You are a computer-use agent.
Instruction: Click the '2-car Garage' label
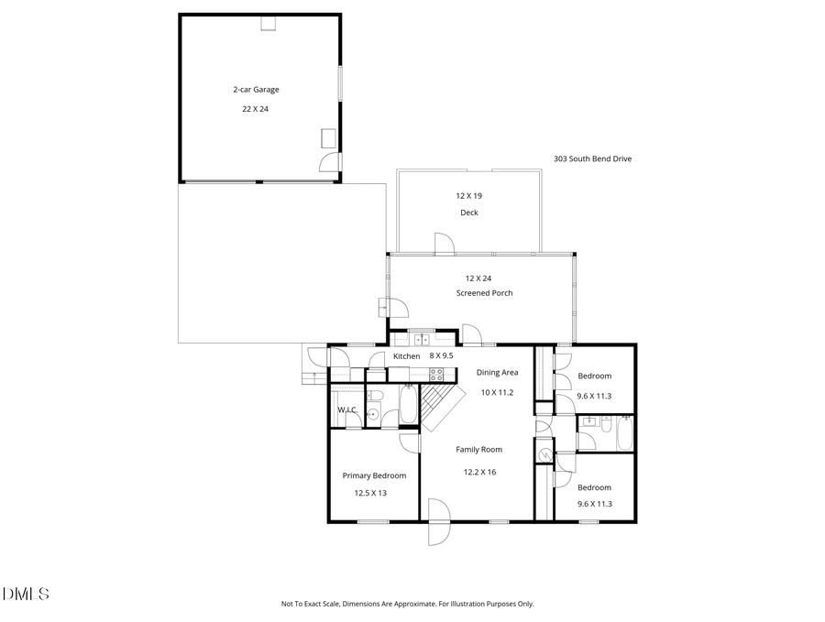(x=255, y=90)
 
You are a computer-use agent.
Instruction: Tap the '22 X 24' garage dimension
(x=255, y=108)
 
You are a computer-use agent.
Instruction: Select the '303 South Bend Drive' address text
(x=592, y=158)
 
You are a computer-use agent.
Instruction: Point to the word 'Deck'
(x=468, y=213)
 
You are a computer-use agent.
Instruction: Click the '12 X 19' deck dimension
(x=468, y=196)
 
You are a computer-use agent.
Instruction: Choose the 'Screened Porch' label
(x=484, y=293)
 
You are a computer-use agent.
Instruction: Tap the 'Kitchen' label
(x=406, y=356)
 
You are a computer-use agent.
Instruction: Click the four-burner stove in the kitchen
(x=437, y=374)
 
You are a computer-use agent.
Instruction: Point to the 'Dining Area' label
(x=497, y=373)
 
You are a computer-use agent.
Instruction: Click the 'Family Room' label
(x=478, y=450)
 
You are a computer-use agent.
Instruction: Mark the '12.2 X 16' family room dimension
(x=478, y=472)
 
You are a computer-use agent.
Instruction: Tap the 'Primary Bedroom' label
(x=374, y=475)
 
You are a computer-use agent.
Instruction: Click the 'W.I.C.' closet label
(x=347, y=409)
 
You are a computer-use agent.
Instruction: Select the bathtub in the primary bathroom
(x=408, y=404)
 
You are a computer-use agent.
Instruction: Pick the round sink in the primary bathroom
(x=373, y=414)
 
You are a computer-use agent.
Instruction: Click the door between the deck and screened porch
(x=444, y=243)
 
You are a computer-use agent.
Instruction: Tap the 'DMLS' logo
(x=25, y=595)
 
